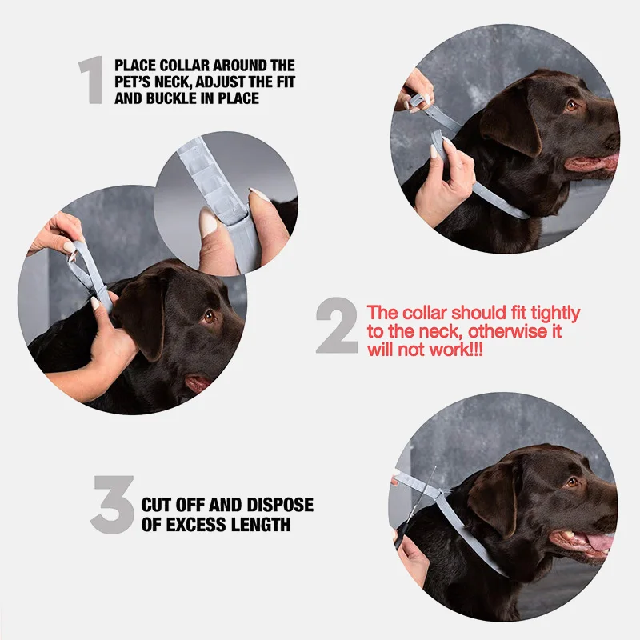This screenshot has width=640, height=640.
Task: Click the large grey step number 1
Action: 91,80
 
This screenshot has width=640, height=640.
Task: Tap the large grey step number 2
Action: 337,326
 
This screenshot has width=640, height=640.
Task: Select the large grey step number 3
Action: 113,505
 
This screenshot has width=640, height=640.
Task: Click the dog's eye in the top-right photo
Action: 571,106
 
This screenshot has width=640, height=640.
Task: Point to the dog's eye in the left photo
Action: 209,316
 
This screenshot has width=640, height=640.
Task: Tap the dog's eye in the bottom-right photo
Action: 572,482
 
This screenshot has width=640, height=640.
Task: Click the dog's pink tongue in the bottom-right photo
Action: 600,543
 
